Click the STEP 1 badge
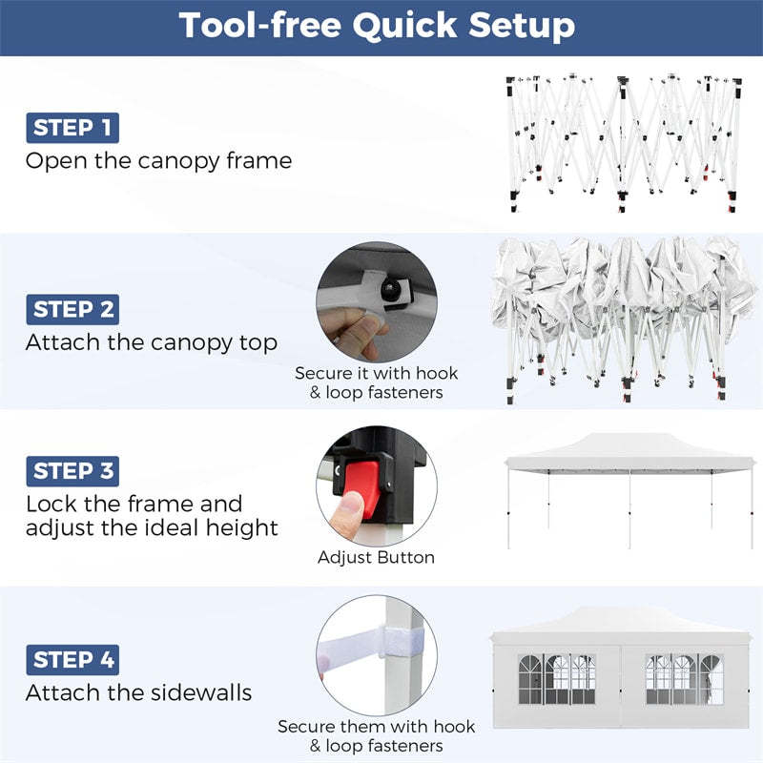pyautogui.click(x=72, y=128)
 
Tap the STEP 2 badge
pyautogui.click(x=72, y=309)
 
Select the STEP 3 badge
pyautogui.click(x=72, y=471)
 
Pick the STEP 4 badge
pyautogui.click(x=72, y=660)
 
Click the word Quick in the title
pyautogui.click(x=404, y=27)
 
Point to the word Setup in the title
pyautogui.click(x=522, y=26)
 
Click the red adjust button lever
pyautogui.click(x=361, y=485)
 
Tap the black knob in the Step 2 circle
pyautogui.click(x=390, y=291)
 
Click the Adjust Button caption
pyautogui.click(x=376, y=557)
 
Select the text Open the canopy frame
pyautogui.click(x=158, y=161)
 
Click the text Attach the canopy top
pyautogui.click(x=152, y=342)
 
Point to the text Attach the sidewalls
pyautogui.click(x=138, y=692)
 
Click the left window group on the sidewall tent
pyautogui.click(x=557, y=679)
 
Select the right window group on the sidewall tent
pyautogui.click(x=684, y=679)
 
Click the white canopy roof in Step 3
pyautogui.click(x=630, y=452)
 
